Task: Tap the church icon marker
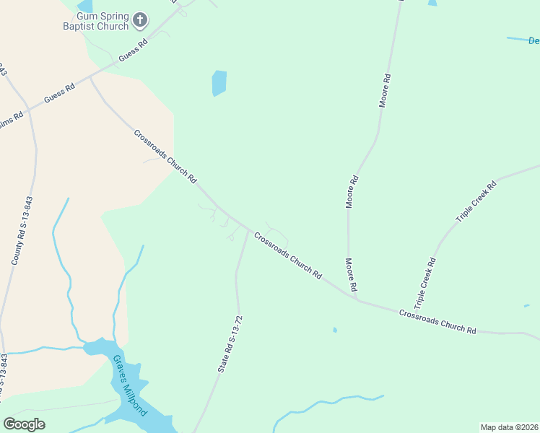[140, 20]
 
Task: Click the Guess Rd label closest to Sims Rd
[59, 94]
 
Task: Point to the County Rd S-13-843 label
[22, 231]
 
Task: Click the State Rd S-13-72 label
[230, 344]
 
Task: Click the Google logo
[24, 424]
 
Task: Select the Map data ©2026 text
[509, 427]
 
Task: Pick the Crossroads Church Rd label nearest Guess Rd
[165, 156]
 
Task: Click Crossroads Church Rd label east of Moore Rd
[437, 320]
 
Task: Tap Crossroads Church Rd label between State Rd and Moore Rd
[287, 253]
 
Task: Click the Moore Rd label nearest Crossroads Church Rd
[351, 274]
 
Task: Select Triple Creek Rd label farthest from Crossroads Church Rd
[476, 201]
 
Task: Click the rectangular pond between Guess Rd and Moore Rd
[219, 83]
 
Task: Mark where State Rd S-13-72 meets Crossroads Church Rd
[248, 231]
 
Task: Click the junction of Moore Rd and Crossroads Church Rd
[357, 298]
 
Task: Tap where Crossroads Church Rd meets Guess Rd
[90, 76]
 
